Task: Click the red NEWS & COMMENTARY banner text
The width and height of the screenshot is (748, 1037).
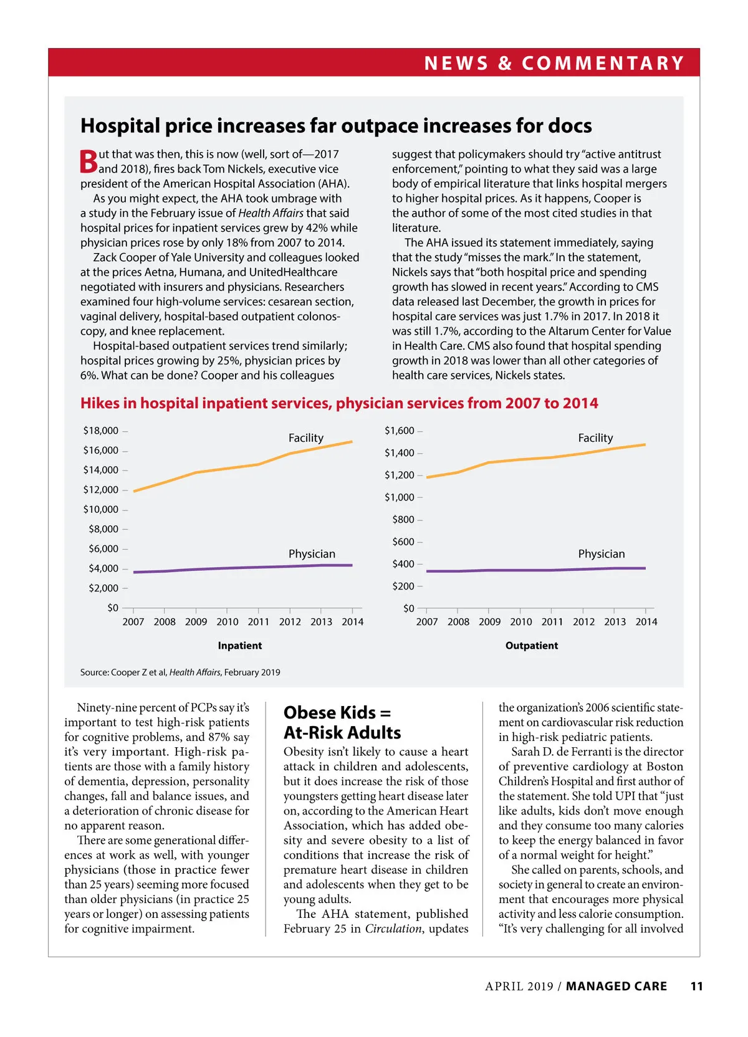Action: tap(554, 63)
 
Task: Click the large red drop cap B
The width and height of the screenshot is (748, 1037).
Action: tap(89, 161)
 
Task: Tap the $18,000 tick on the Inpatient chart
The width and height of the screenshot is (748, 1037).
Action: tap(101, 431)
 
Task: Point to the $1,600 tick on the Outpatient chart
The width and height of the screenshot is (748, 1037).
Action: tap(400, 431)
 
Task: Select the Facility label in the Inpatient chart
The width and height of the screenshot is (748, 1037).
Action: tap(305, 438)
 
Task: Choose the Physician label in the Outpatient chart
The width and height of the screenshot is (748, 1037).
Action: tap(601, 554)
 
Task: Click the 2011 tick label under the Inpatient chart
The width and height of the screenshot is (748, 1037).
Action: tap(258, 622)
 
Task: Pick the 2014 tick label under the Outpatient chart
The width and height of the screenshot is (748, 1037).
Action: tap(646, 622)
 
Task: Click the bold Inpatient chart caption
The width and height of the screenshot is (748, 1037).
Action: tap(240, 646)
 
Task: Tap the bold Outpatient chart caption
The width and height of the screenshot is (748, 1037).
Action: tap(532, 646)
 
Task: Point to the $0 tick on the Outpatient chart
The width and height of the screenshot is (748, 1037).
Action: tap(409, 608)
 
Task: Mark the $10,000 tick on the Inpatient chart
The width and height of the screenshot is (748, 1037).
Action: tap(101, 509)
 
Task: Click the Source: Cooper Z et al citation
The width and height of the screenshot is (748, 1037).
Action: tap(180, 672)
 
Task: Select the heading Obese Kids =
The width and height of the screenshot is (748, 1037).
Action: tap(337, 713)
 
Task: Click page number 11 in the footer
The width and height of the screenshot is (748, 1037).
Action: tap(697, 987)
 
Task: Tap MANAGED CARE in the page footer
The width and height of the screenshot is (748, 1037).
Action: tap(616, 987)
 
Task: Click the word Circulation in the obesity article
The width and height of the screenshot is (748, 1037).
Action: tap(393, 929)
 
